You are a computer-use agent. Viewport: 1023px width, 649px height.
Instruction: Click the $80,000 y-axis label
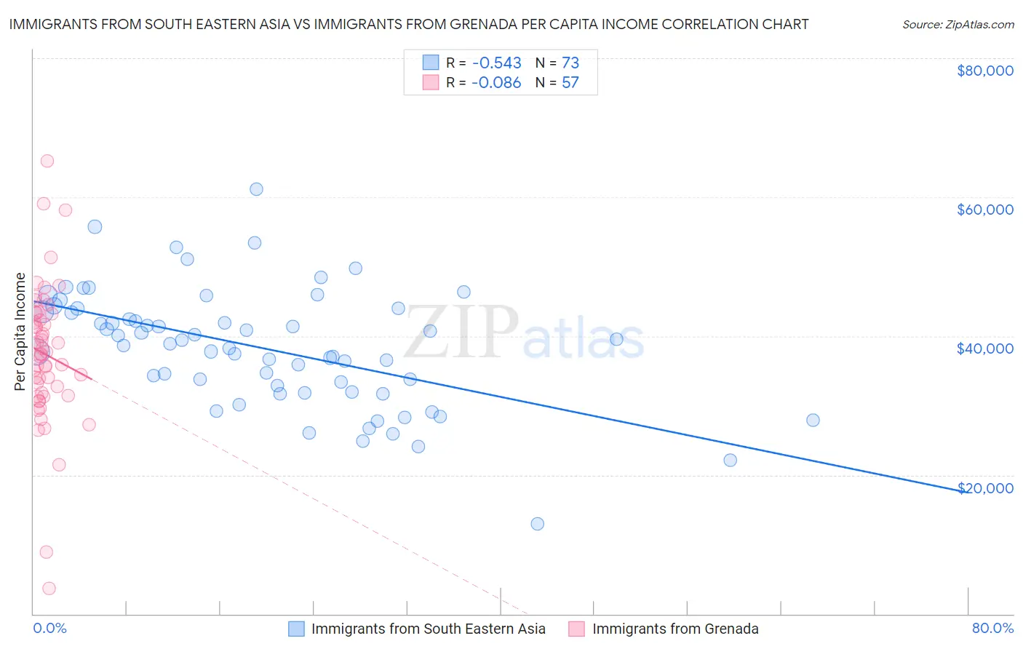point(984,71)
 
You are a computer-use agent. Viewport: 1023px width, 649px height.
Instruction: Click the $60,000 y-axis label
point(984,210)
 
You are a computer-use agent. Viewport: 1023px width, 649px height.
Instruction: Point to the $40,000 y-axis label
point(984,349)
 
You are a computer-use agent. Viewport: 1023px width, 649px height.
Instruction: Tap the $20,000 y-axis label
point(984,487)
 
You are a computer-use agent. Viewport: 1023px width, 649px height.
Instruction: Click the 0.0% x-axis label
point(49,629)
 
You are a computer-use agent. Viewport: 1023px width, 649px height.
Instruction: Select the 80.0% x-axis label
point(992,629)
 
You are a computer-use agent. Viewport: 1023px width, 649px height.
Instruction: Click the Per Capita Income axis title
point(20,332)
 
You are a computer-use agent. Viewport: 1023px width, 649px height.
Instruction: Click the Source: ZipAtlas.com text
point(958,25)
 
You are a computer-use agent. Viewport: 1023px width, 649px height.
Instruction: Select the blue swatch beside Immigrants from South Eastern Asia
point(296,629)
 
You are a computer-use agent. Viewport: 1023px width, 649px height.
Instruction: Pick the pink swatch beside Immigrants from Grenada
point(576,629)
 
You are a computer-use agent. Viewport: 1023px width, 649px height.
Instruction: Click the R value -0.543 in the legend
point(496,63)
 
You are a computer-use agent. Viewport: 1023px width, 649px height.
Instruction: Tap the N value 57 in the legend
point(570,83)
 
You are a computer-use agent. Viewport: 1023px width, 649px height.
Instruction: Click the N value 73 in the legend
point(570,63)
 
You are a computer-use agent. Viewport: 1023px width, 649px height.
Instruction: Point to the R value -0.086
point(496,83)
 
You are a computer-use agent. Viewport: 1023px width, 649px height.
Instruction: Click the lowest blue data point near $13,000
point(538,524)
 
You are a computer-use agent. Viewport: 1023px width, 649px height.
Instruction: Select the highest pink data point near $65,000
point(47,161)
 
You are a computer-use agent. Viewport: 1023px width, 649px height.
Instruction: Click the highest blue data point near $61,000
point(256,189)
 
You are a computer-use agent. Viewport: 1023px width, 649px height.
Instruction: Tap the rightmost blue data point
point(813,420)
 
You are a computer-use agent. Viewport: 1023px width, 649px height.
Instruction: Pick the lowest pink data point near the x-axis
point(49,589)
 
